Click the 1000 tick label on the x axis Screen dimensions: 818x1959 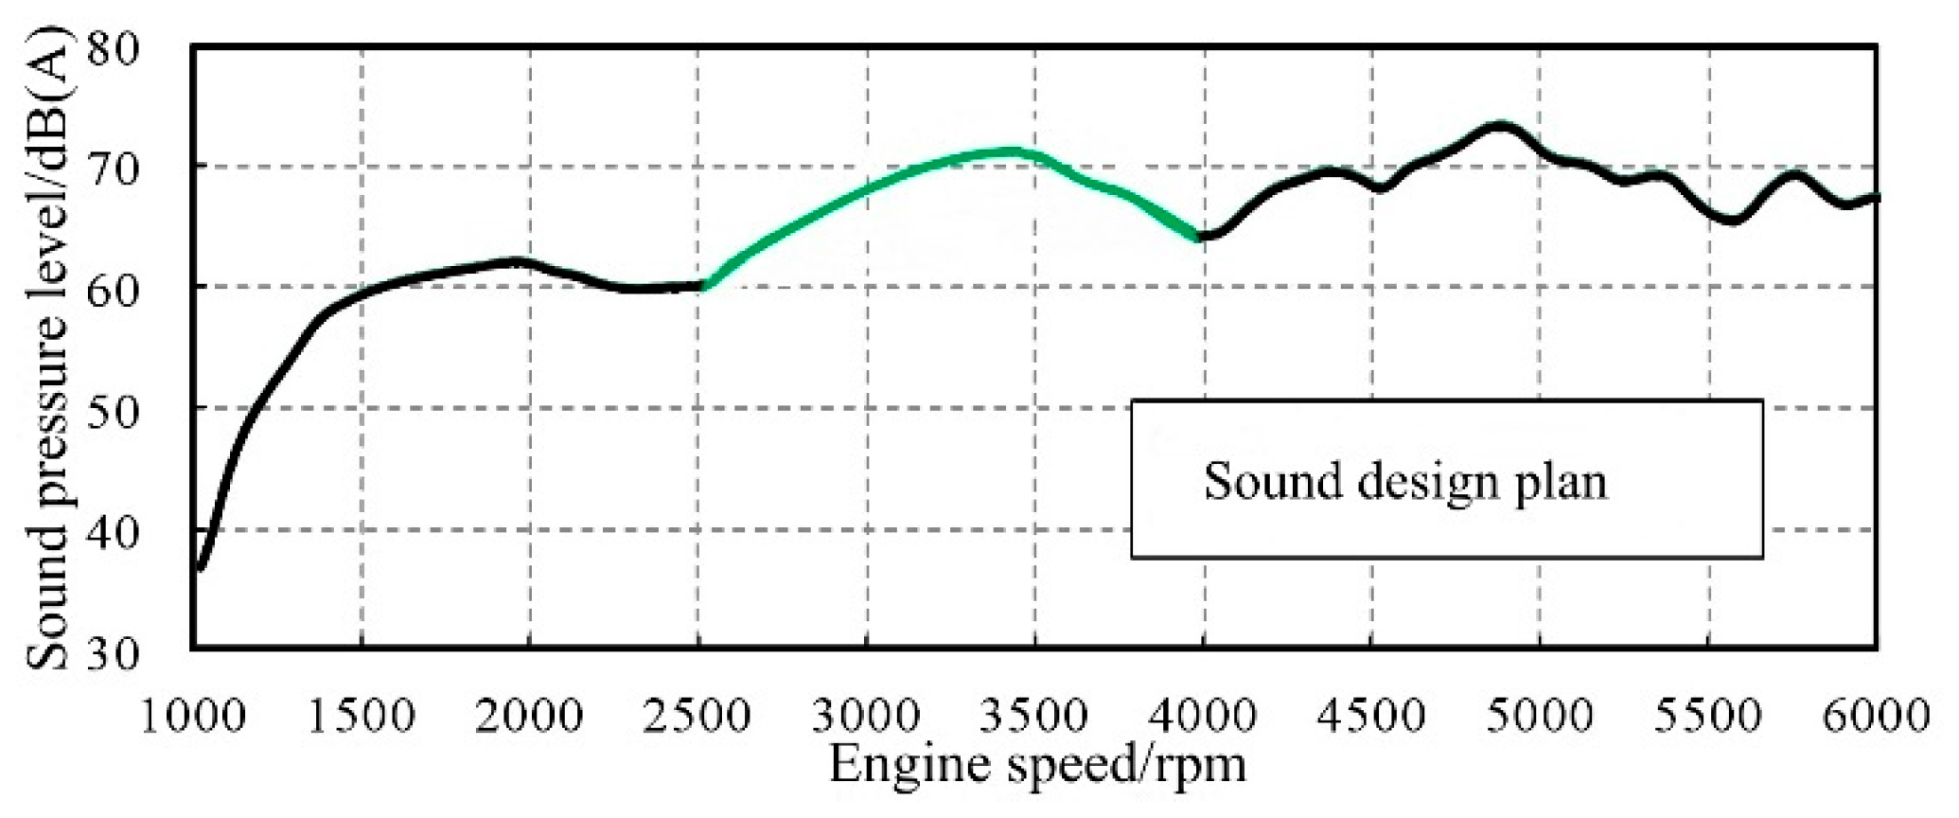[193, 715]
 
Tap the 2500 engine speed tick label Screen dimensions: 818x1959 [697, 715]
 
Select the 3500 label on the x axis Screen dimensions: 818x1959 [1033, 715]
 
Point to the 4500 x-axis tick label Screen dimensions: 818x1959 [1370, 715]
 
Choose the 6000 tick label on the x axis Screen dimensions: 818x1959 [1876, 715]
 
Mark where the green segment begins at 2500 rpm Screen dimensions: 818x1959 [702, 284]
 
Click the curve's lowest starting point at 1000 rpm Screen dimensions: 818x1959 [200, 569]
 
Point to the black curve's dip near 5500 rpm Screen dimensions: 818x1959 [1732, 221]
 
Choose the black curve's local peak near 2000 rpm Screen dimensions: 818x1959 [516, 260]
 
